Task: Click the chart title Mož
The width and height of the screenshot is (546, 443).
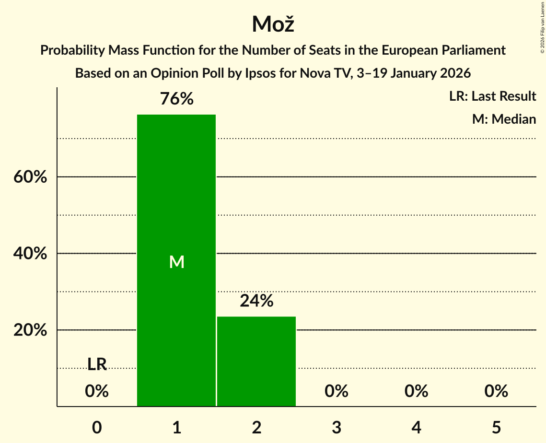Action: [x=273, y=24]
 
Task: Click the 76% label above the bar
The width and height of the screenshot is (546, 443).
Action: [x=176, y=99]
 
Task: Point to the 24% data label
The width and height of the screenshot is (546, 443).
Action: [x=256, y=301]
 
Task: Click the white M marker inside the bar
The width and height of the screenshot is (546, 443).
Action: [x=176, y=262]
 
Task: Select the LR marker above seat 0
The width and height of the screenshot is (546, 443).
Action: [x=97, y=364]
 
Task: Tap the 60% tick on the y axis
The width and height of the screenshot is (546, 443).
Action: [x=30, y=177]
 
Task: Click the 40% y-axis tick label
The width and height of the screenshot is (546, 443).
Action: [x=30, y=254]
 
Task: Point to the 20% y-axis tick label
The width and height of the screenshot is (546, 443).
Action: [x=30, y=330]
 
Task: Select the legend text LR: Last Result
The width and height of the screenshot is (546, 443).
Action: [x=492, y=96]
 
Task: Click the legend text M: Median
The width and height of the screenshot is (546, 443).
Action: [x=504, y=119]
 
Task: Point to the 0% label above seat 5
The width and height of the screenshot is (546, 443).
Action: [x=496, y=392]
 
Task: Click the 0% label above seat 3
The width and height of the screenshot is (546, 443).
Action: [x=337, y=392]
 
